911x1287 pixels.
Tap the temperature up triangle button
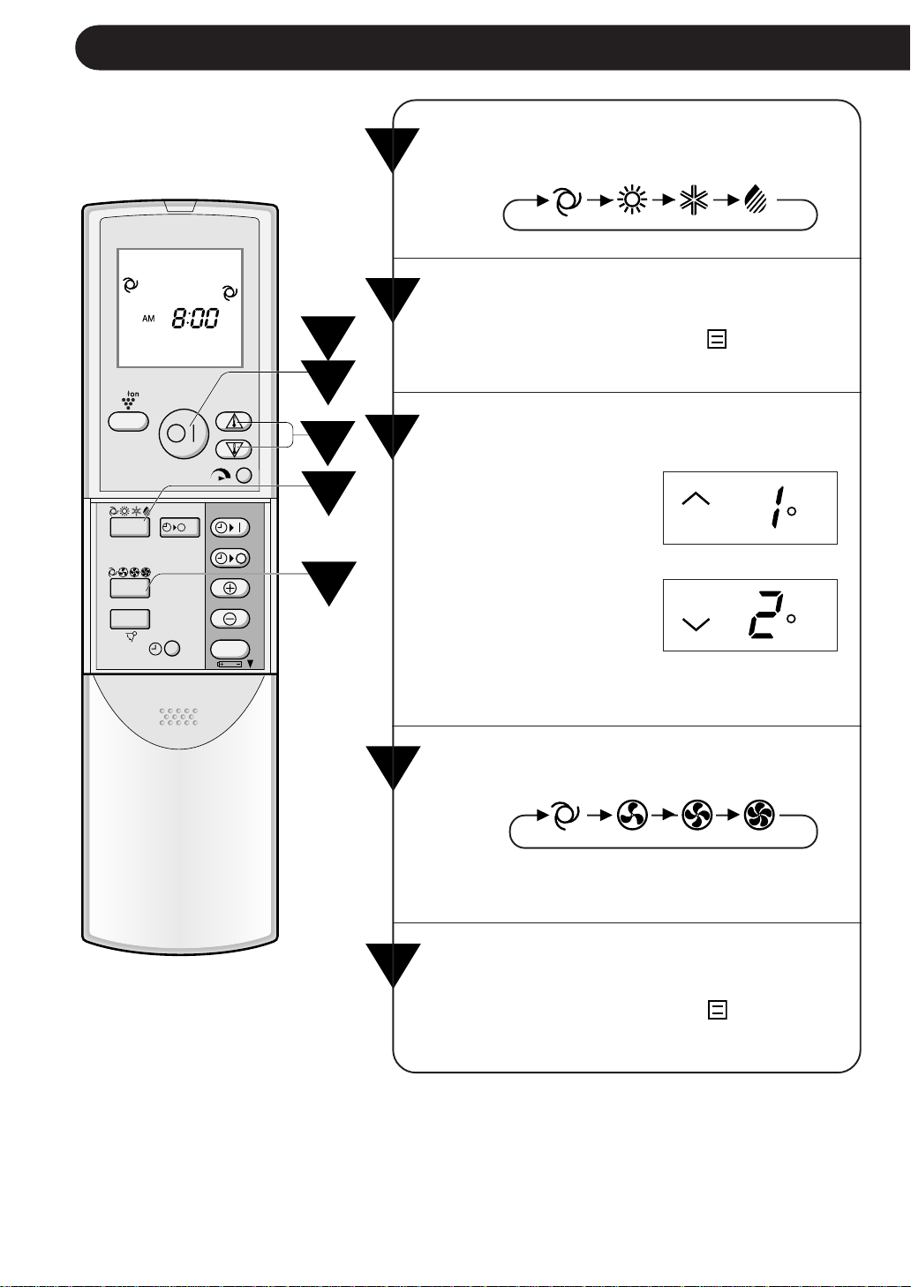233,422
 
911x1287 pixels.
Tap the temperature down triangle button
233,448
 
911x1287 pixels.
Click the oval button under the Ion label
128,422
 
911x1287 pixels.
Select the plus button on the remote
230,589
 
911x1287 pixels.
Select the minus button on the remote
230,619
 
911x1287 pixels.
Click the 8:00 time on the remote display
195,318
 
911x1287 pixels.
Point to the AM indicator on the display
148,319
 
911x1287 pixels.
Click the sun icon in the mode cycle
632,200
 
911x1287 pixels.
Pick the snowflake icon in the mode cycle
694,200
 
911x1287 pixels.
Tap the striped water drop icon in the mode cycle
756,200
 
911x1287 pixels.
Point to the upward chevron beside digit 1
696,499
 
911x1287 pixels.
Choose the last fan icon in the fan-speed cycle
759,815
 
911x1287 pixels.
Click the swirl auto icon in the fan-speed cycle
565,815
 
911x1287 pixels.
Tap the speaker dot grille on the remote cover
178,717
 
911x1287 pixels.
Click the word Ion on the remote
132,395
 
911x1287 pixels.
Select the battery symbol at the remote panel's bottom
230,664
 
